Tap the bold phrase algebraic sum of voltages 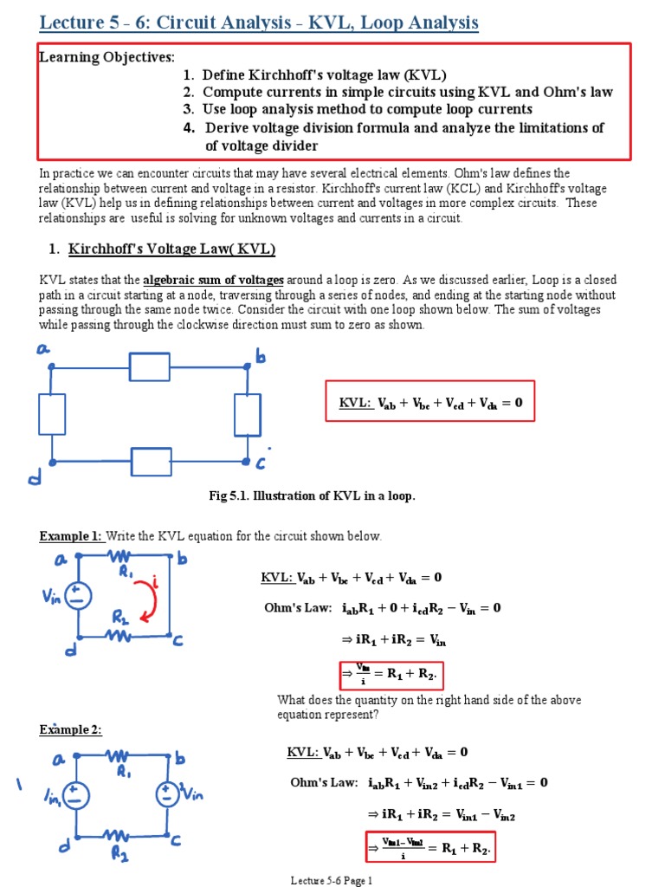click(x=213, y=280)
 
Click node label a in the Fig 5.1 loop click(x=42, y=348)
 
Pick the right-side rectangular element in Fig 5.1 click(x=247, y=415)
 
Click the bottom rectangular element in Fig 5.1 click(x=151, y=462)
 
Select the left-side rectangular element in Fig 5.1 click(x=52, y=414)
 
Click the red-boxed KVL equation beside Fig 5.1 click(x=430, y=402)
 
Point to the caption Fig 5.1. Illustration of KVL click(x=313, y=495)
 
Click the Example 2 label click(x=71, y=730)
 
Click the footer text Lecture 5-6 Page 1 click(x=332, y=880)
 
